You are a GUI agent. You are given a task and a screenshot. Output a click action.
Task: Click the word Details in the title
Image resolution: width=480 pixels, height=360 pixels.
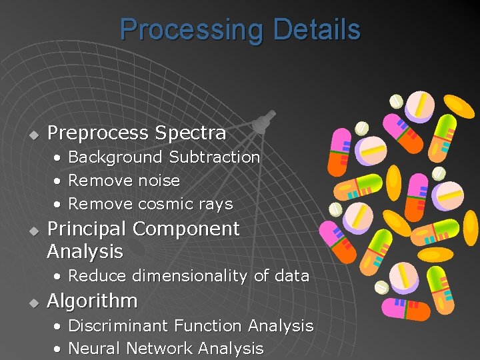(x=312, y=29)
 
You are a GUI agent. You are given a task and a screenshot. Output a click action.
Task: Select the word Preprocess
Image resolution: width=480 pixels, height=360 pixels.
(x=98, y=133)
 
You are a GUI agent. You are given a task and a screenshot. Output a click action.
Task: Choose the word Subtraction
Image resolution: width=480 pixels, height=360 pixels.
(x=214, y=157)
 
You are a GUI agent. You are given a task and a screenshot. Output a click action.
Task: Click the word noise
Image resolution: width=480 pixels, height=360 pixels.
(x=159, y=181)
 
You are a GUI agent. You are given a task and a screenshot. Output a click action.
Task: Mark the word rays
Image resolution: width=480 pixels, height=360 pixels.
(x=215, y=204)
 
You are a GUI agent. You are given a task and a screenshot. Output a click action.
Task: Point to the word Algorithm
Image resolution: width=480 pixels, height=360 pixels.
(x=92, y=301)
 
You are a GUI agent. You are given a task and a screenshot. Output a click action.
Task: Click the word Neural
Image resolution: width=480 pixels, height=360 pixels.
(x=95, y=348)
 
